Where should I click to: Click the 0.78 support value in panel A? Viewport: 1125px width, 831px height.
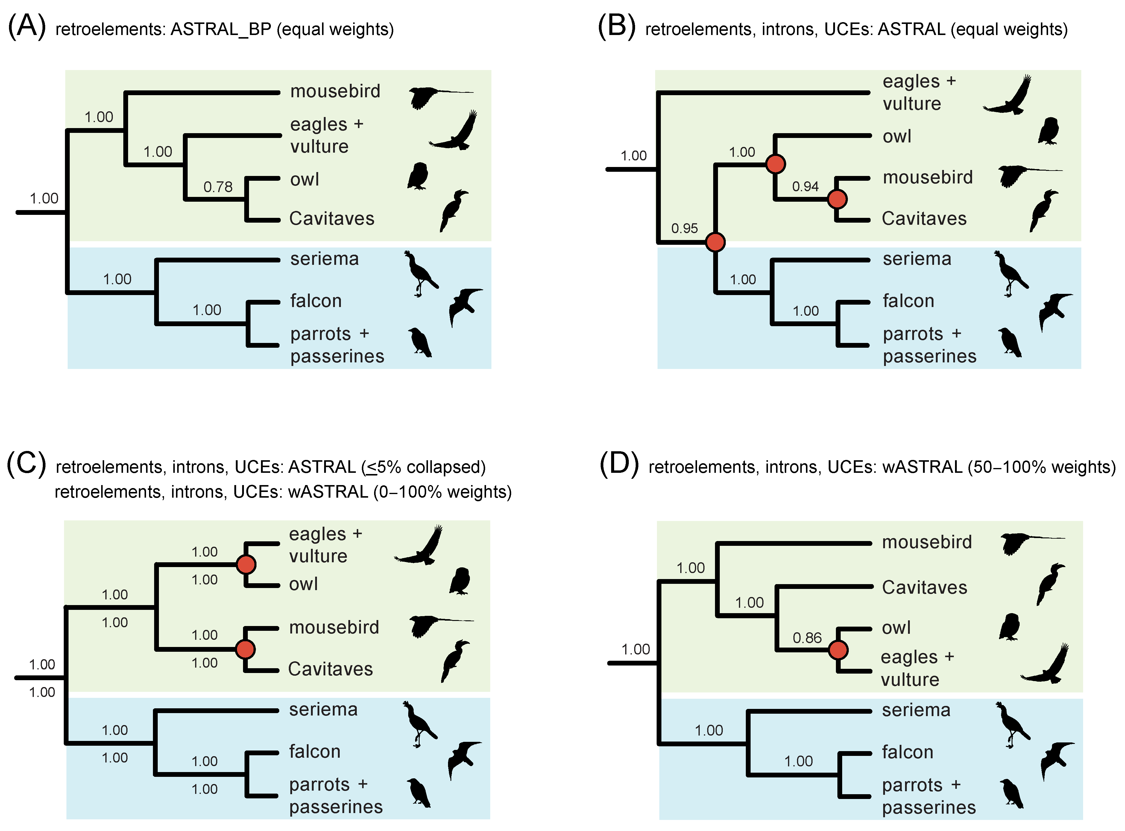click(218, 187)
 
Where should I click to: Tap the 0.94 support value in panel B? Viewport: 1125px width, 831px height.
click(805, 187)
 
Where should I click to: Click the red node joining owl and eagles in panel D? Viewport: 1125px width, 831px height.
click(838, 650)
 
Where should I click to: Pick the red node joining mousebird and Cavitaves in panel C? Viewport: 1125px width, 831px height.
click(245, 649)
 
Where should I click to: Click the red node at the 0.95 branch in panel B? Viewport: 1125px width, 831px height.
click(715, 242)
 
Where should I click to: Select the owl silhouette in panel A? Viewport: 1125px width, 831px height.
click(417, 176)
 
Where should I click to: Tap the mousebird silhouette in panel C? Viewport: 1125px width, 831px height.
click(438, 625)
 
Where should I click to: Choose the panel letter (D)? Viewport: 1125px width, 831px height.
click(619, 464)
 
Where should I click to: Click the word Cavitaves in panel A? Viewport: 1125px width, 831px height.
click(332, 219)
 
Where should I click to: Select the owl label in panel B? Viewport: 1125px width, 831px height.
click(897, 136)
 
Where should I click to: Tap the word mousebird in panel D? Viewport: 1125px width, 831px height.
click(927, 542)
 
